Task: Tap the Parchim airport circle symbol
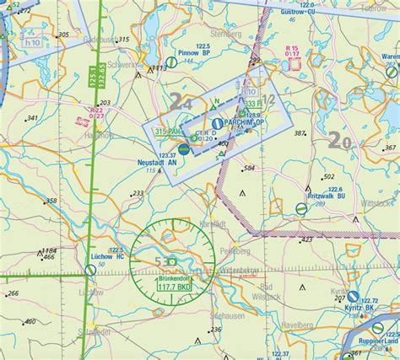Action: pos(217,124)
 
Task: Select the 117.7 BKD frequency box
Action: pos(172,287)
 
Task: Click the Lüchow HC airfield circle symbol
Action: pos(90,270)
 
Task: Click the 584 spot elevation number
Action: pos(249,169)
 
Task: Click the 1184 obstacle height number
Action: pos(49,251)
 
